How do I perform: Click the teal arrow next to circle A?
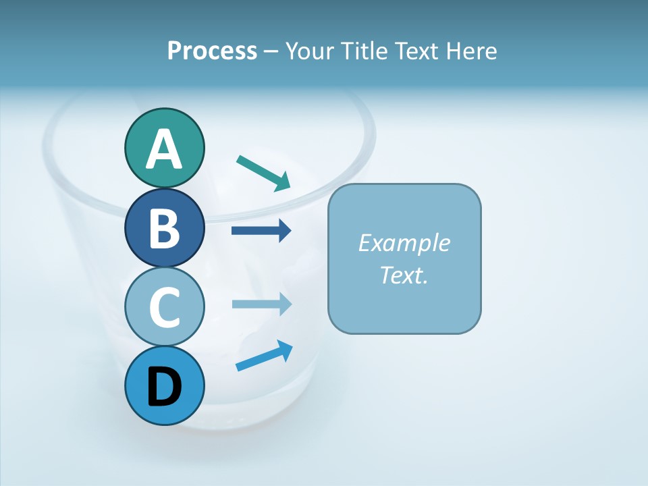pyautogui.click(x=263, y=172)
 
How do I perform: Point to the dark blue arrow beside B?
pyautogui.click(x=261, y=231)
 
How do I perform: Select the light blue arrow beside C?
pyautogui.click(x=261, y=304)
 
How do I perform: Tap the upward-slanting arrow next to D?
pyautogui.click(x=263, y=356)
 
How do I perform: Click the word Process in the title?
pyautogui.click(x=212, y=51)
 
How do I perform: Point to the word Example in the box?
pyautogui.click(x=404, y=243)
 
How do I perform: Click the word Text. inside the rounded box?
pyautogui.click(x=404, y=275)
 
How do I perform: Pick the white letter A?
pyautogui.click(x=164, y=150)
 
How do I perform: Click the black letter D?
pyautogui.click(x=164, y=387)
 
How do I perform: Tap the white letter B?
pyautogui.click(x=164, y=228)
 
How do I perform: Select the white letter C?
pyautogui.click(x=164, y=307)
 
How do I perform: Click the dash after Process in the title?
pyautogui.click(x=271, y=51)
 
